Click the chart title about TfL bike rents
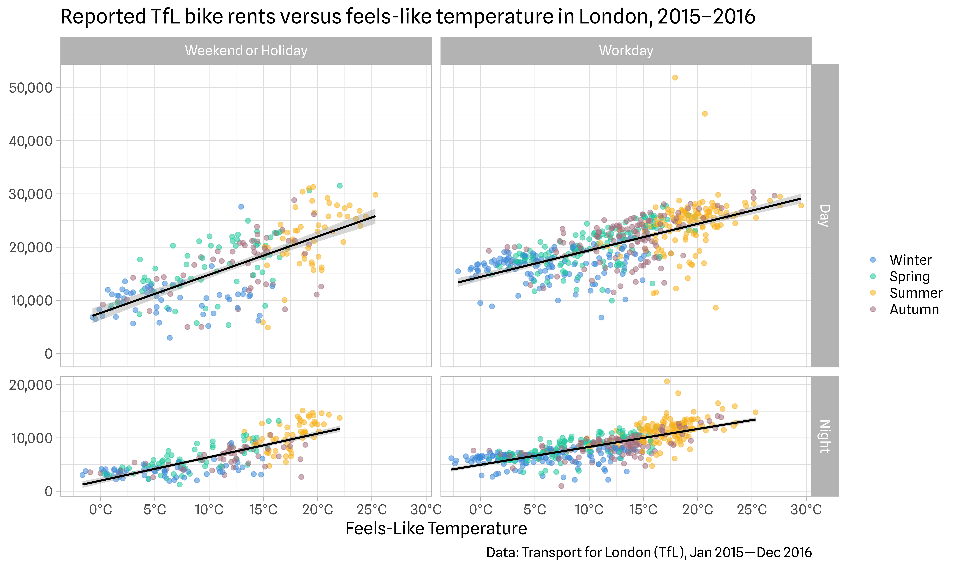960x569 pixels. coord(408,17)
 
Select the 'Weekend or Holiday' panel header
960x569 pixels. coord(246,51)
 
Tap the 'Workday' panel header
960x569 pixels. coord(626,51)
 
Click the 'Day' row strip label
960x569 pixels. coord(825,215)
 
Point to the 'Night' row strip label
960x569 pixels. coord(825,436)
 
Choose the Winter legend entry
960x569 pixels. coord(910,260)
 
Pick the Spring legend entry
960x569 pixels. coord(909,276)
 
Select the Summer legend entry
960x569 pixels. coord(915,293)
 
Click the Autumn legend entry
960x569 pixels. coord(914,309)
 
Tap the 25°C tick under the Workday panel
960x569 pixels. coord(752,510)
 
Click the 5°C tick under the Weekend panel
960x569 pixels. coord(155,510)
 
